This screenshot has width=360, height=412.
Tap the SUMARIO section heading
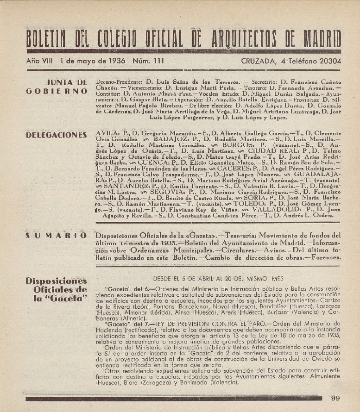tap(57, 236)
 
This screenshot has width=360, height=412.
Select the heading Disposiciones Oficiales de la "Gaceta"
tap(57, 289)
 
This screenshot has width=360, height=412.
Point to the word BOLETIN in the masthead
tap(49, 38)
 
